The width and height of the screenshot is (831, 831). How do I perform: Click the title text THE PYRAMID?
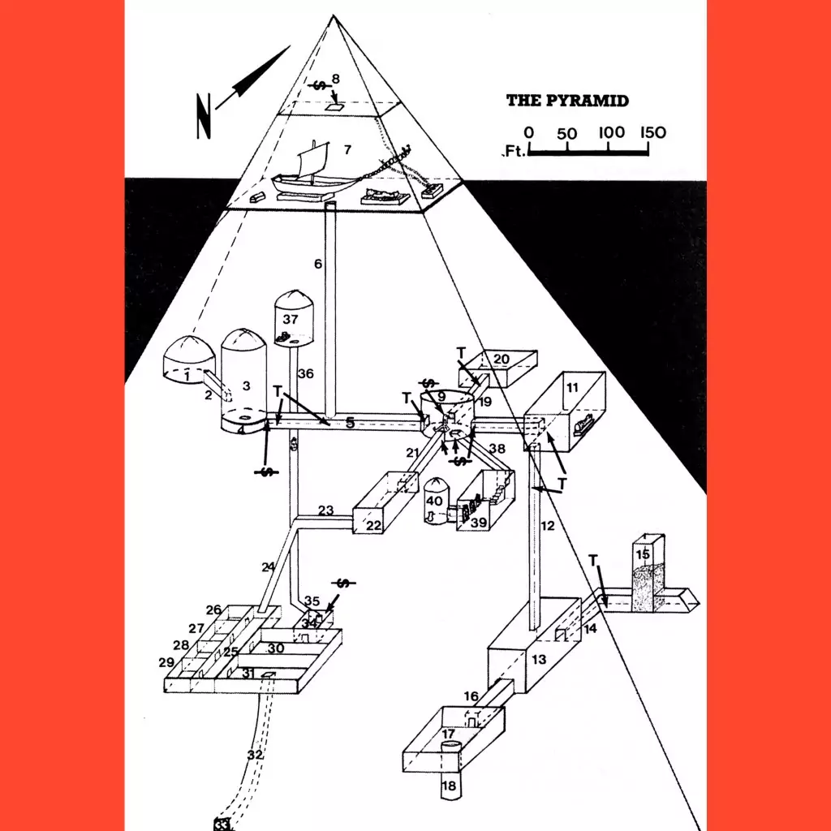pyautogui.click(x=567, y=101)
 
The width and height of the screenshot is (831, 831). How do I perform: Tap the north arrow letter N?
pyautogui.click(x=204, y=117)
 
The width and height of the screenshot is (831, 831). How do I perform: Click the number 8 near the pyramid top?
pyautogui.click(x=335, y=80)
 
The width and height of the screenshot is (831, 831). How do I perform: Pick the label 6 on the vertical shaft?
pyautogui.click(x=318, y=264)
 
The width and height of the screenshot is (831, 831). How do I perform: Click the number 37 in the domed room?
pyautogui.click(x=290, y=319)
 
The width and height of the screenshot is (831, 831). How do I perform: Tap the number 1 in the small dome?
pyautogui.click(x=187, y=376)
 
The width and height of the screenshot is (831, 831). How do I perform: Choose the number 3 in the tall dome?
pyautogui.click(x=247, y=385)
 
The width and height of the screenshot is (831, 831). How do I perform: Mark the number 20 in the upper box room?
pyautogui.click(x=501, y=360)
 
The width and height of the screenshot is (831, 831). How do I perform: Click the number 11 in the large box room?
pyautogui.click(x=572, y=388)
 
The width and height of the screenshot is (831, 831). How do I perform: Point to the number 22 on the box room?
pyautogui.click(x=373, y=526)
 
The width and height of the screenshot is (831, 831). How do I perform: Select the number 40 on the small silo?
pyautogui.click(x=434, y=502)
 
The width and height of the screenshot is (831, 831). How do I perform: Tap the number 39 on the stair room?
pyautogui.click(x=479, y=523)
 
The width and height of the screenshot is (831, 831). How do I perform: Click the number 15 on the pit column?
pyautogui.click(x=643, y=554)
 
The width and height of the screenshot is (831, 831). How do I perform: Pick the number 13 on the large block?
pyautogui.click(x=539, y=660)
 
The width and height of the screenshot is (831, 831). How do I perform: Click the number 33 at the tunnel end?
pyautogui.click(x=222, y=824)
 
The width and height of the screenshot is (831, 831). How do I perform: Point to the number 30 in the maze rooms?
pyautogui.click(x=276, y=648)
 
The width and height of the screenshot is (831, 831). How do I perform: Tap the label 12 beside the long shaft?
pyautogui.click(x=548, y=526)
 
